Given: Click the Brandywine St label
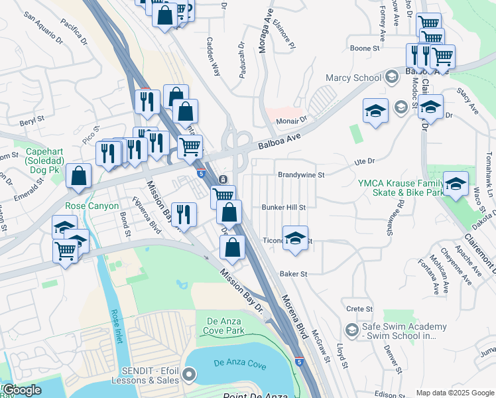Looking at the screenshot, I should point(301,175).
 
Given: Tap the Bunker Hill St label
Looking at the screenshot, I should point(283,207).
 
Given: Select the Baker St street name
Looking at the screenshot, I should point(294,273).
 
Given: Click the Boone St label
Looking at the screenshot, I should point(365,48).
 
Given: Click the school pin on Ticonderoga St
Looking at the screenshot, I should point(295,238).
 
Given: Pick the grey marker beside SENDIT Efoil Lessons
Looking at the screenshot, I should point(189,375).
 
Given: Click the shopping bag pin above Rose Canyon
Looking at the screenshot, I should point(79,176).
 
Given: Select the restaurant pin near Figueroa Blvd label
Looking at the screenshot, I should point(184,214).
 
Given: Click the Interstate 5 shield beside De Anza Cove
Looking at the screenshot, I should point(299,363).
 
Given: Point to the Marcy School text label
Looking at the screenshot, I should point(353,78).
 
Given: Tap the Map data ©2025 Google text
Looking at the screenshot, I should point(454,393).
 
